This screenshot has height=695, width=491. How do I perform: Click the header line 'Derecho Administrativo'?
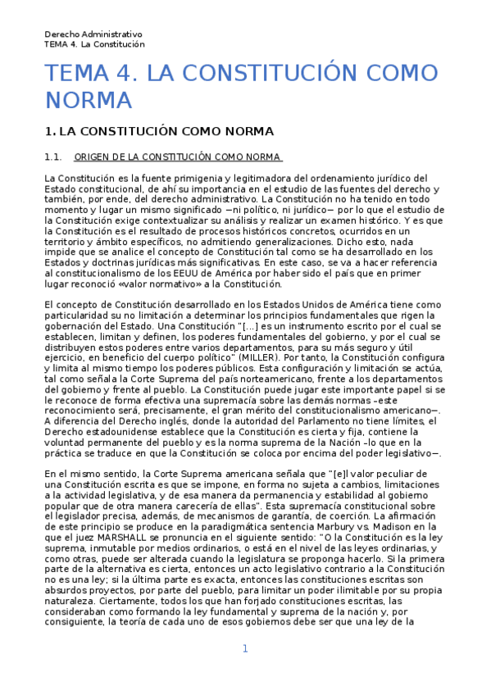click(93, 34)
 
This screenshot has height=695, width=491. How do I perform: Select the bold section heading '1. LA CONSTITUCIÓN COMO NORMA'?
click(158, 131)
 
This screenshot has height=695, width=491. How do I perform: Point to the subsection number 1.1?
click(53, 157)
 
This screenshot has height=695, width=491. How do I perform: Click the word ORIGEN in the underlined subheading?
click(92, 157)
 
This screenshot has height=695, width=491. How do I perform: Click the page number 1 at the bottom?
click(244, 649)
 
